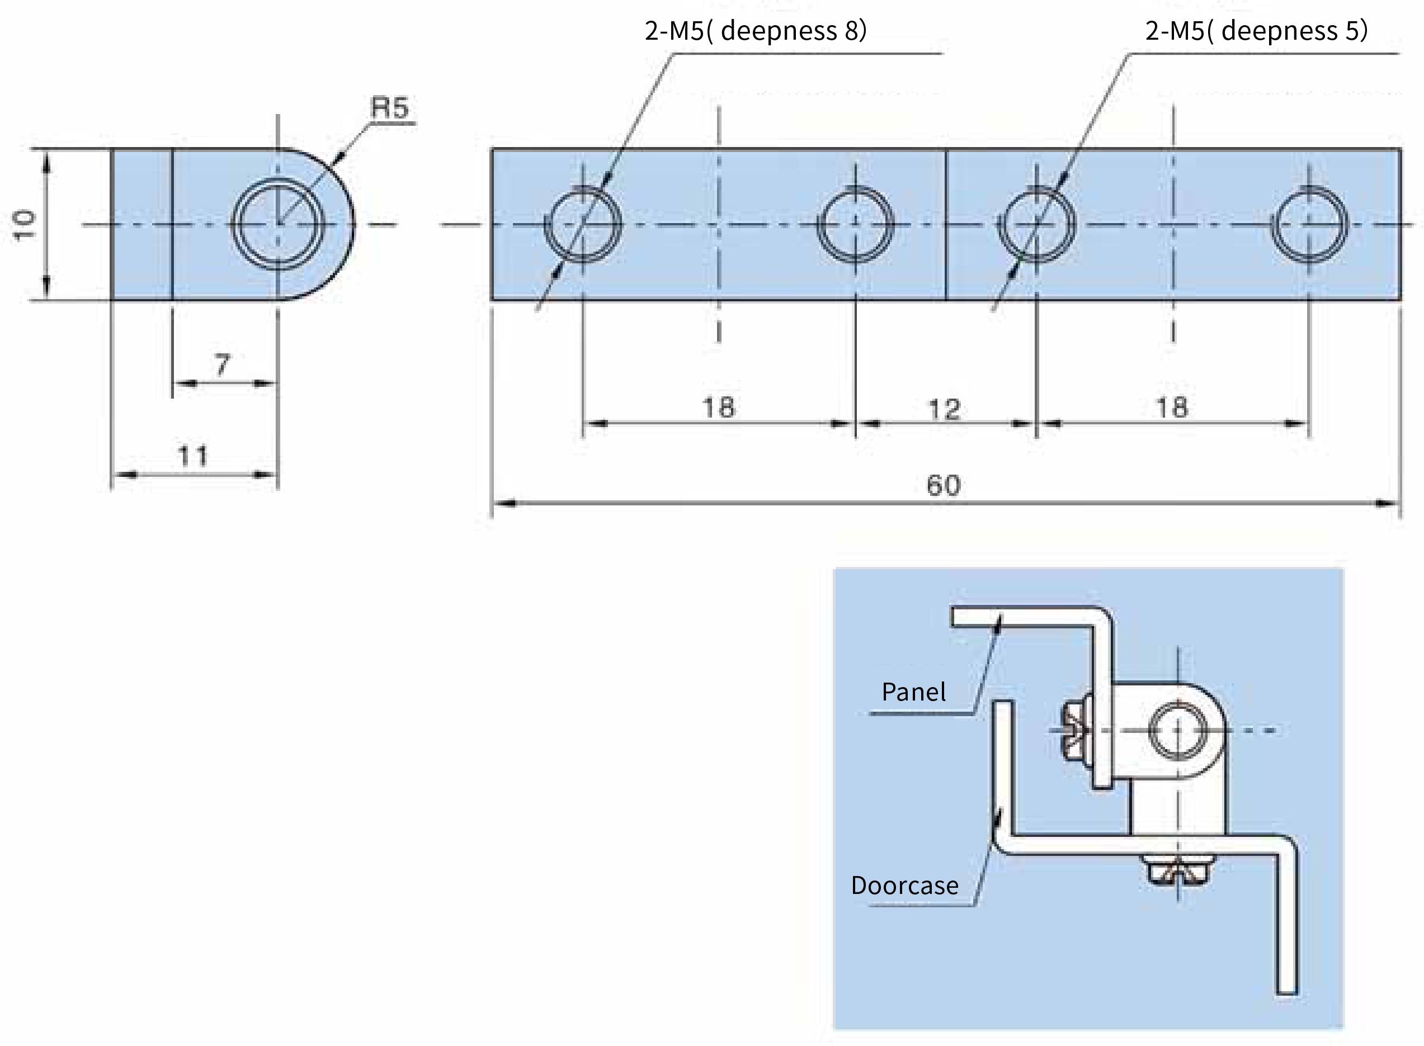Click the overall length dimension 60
[x=943, y=486]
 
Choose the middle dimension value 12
[x=944, y=410]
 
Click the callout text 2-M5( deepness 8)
[x=755, y=30]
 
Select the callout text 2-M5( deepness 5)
[x=1256, y=30]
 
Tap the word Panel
[x=913, y=692]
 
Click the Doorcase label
[x=904, y=885]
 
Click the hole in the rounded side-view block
[x=278, y=224]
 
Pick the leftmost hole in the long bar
[x=583, y=224]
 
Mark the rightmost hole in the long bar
[x=1309, y=224]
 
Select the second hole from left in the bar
[x=855, y=224]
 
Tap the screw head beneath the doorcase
[x=1177, y=870]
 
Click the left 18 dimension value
[x=718, y=407]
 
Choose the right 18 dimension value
[x=1172, y=407]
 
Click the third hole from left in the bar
[x=1036, y=224]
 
